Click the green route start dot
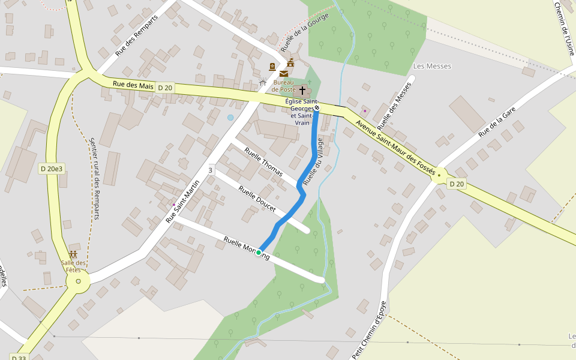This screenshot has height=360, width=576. [259, 253]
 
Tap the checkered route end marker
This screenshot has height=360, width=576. [317, 108]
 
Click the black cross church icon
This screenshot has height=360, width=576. [302, 91]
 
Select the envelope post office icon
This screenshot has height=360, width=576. [283, 73]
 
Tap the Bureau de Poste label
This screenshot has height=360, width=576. [284, 86]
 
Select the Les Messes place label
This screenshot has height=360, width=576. [432, 66]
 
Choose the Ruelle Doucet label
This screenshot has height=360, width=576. [257, 199]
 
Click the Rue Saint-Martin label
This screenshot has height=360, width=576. [182, 202]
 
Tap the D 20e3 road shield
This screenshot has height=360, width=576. [51, 169]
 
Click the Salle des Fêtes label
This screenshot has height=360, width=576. [73, 266]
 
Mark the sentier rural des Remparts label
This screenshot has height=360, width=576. [94, 178]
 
